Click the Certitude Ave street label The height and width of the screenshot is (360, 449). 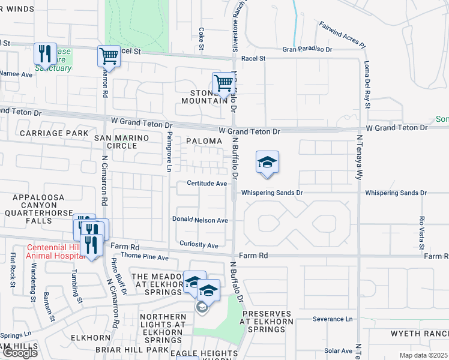tap(206, 184)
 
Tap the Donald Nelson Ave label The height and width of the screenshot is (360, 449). tap(200, 220)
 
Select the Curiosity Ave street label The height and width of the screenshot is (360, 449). tap(199, 245)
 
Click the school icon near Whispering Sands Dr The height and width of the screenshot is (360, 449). tap(268, 163)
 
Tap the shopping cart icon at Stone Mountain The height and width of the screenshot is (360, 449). tap(223, 83)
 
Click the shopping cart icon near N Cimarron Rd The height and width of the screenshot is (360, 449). tap(109, 57)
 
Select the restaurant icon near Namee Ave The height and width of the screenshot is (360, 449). tap(46, 54)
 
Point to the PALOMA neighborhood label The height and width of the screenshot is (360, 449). tap(199, 141)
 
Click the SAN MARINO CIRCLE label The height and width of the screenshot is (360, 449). tap(120, 142)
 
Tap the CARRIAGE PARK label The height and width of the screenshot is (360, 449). tap(53, 133)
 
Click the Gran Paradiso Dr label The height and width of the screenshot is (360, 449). tap(307, 48)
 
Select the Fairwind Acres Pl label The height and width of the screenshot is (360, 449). tap(342, 35)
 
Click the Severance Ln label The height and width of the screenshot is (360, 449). tap(333, 319)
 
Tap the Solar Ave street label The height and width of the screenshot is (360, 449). tap(338, 350)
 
